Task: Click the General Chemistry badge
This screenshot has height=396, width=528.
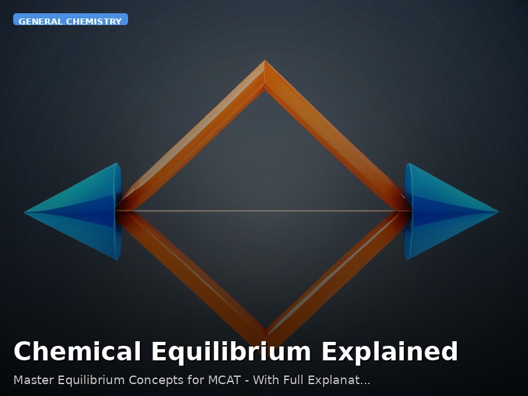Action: pos(70,20)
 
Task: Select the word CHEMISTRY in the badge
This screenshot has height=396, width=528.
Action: pos(94,21)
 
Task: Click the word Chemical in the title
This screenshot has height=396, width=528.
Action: pos(77,352)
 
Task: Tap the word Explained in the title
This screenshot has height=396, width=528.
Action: pos(389,352)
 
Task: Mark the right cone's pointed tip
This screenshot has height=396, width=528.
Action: pos(498,212)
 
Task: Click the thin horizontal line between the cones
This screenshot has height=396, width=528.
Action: pos(264,211)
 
